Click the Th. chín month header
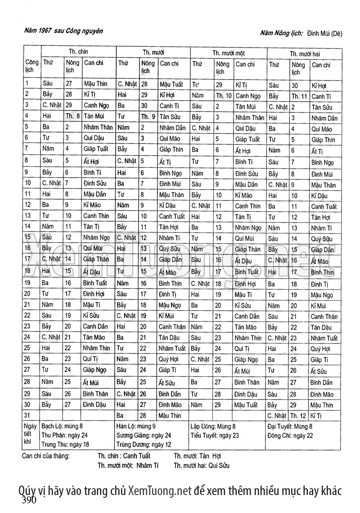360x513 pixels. pos(78,52)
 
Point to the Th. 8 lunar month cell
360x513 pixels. pos(72,116)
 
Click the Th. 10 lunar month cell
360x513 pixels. pos(223,95)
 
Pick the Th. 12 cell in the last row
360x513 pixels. pos(298,416)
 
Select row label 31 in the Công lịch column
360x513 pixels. pos(28,415)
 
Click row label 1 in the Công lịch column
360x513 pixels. pos(27,83)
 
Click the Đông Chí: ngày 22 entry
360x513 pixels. pos(290,435)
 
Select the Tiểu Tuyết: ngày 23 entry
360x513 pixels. pos(215,435)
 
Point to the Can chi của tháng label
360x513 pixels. pos(45,455)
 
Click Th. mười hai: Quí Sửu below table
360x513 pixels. pos(201,465)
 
